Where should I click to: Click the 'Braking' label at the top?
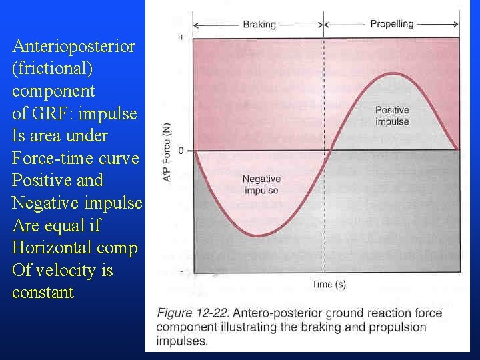click(x=259, y=25)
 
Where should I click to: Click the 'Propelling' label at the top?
click(x=392, y=24)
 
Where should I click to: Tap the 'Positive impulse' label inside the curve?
click(x=392, y=116)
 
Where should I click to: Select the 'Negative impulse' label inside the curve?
click(x=261, y=185)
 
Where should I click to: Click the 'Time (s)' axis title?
click(x=329, y=285)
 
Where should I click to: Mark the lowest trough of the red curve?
click(x=259, y=235)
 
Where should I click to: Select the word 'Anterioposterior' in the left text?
click(x=74, y=46)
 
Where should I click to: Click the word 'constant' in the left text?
click(x=43, y=293)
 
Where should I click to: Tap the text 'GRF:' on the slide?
click(x=65, y=113)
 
